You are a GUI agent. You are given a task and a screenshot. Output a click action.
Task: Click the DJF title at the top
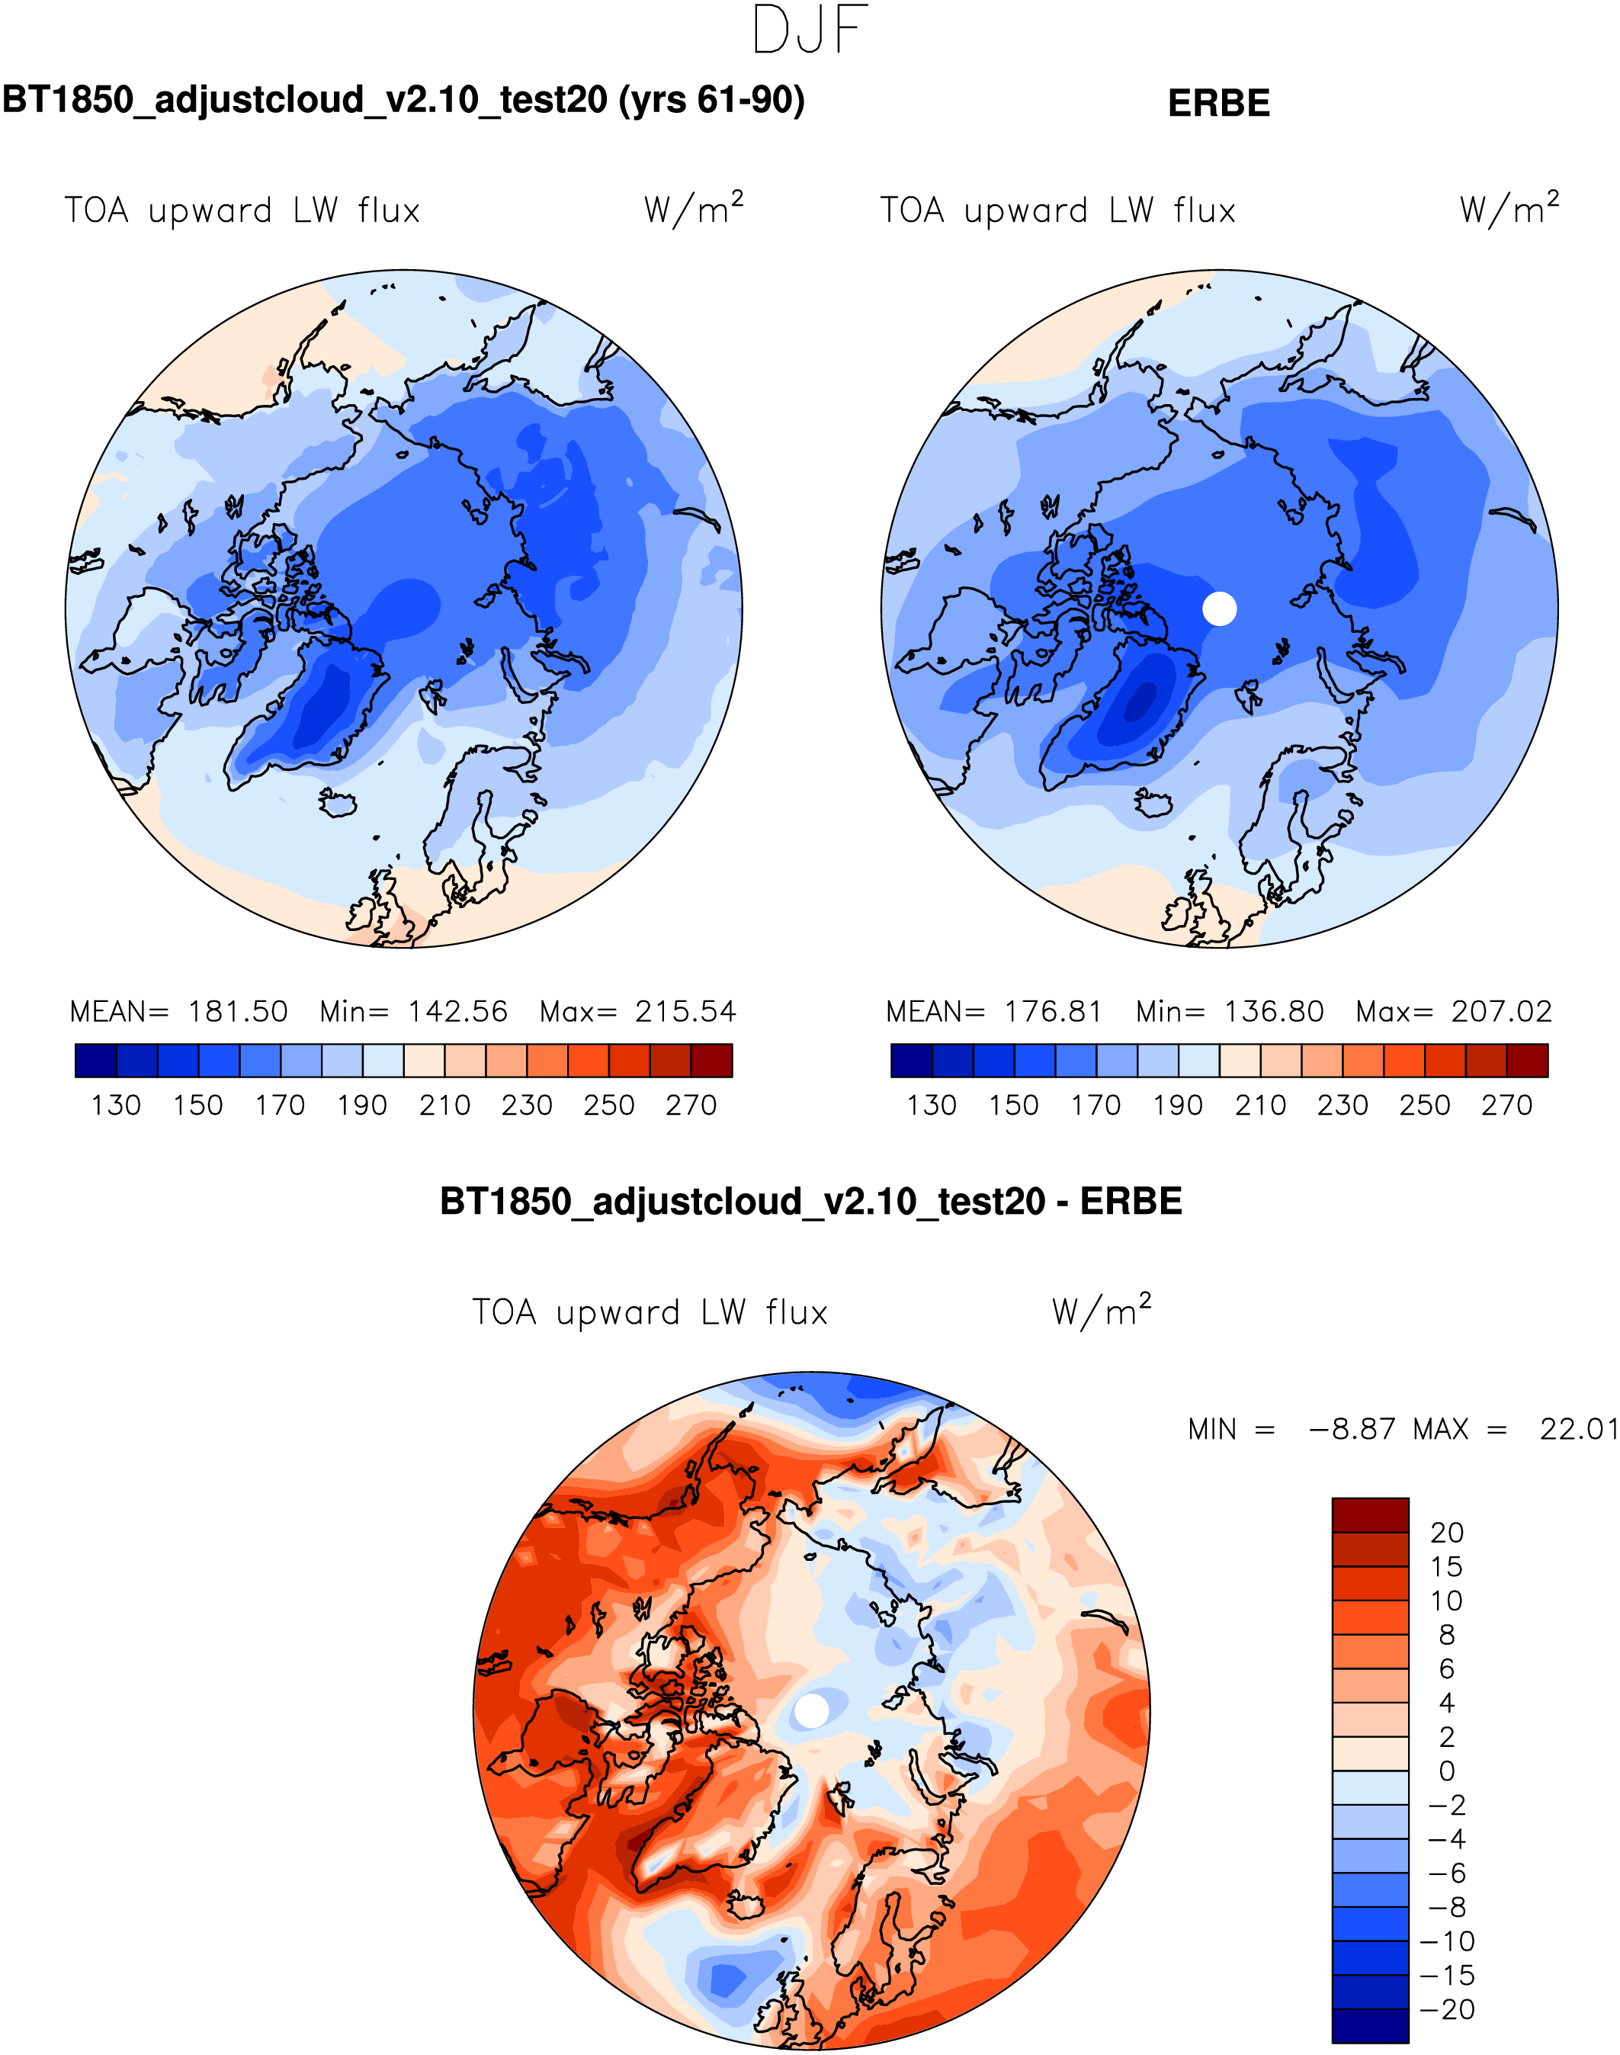[x=809, y=31]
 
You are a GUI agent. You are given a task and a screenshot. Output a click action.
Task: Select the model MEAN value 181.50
[x=237, y=1011]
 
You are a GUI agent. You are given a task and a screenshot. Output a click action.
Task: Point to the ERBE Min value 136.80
[x=1273, y=1011]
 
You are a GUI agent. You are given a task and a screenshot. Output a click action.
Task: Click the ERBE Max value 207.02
[x=1500, y=1011]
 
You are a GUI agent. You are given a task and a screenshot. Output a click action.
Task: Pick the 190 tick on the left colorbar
[x=361, y=1106]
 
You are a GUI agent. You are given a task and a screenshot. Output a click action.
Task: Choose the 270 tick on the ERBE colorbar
[x=1506, y=1106]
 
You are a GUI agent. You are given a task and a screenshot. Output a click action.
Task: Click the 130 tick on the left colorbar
[x=116, y=1106]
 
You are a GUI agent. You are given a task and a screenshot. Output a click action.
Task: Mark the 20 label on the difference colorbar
[x=1446, y=1532]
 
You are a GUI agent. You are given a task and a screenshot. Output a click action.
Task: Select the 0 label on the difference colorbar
[x=1446, y=1771]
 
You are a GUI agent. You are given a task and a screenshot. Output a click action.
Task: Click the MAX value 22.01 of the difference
[x=1577, y=1429]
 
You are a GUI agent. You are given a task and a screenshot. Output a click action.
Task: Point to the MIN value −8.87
[x=1352, y=1429]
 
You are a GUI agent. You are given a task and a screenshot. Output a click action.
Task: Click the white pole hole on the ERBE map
[x=1219, y=608]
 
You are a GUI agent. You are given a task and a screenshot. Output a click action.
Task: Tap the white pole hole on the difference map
[x=811, y=1710]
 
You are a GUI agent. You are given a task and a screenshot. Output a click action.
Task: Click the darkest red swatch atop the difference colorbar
[x=1370, y=1515]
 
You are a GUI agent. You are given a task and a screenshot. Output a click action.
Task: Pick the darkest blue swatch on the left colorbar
[x=96, y=1060]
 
